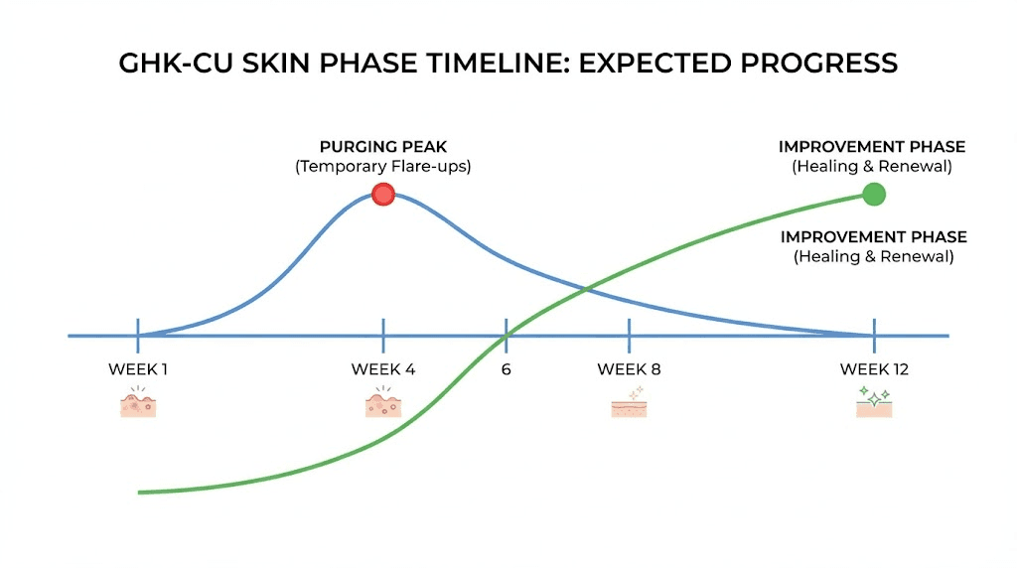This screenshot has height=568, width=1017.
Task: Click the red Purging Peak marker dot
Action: tap(383, 195)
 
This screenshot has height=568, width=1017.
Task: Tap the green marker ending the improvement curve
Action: tap(873, 195)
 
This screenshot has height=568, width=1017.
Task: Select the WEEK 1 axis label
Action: tap(138, 369)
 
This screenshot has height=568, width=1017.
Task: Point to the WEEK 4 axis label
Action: tap(383, 369)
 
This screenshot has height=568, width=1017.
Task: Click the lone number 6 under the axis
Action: tap(506, 369)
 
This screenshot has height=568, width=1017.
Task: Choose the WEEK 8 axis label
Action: tap(629, 369)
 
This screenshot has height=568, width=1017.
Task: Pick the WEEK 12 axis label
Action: tap(874, 369)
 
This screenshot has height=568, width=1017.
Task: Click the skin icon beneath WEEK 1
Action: tap(138, 403)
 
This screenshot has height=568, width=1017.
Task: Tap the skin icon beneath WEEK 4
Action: tap(383, 403)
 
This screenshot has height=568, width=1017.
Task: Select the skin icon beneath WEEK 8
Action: tap(629, 405)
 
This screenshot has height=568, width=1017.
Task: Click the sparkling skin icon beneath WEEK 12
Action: tap(874, 402)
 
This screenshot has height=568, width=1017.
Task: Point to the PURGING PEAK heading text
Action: tap(383, 147)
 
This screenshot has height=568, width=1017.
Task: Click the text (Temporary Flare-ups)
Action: tap(383, 167)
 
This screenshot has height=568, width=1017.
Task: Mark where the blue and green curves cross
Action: tap(588, 289)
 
